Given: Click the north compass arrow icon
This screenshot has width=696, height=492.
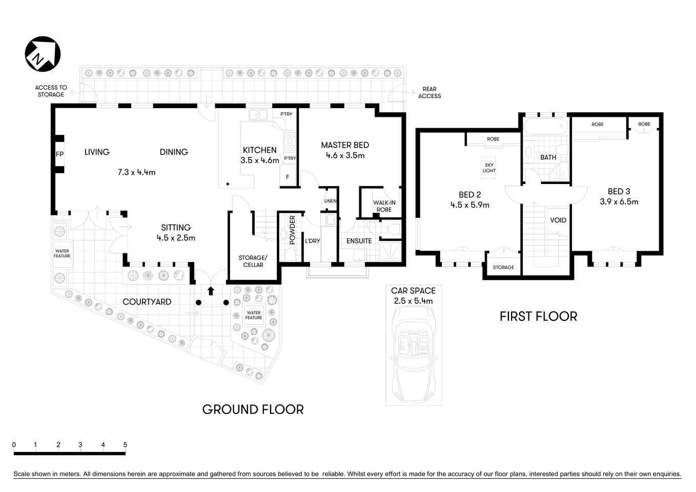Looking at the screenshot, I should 43,54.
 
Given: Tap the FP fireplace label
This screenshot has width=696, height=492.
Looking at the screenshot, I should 59,154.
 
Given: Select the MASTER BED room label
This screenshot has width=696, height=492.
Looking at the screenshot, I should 344,145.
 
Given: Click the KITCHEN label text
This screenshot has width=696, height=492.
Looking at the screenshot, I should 259,150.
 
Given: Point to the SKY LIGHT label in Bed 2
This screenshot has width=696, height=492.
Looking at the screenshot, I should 489,168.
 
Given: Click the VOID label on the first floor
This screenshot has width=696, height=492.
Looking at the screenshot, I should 558,220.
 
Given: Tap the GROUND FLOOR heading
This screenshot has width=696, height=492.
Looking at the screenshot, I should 253,409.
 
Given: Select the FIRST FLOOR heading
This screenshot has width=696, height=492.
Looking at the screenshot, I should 538,317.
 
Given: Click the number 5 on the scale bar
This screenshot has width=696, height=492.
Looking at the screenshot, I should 125,445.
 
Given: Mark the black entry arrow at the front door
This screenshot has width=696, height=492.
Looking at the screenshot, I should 210,291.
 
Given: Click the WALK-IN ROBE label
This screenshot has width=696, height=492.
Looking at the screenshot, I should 384,206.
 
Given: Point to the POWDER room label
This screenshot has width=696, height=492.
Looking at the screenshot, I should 292,230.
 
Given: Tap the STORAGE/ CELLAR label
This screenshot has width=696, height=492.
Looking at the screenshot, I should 253,261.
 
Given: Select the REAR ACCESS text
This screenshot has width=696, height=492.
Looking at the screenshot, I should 429,92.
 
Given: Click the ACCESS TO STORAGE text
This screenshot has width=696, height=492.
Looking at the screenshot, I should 51,91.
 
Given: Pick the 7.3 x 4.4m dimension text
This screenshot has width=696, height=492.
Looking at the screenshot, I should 136,172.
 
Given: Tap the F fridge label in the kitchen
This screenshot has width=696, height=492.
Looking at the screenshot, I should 288,177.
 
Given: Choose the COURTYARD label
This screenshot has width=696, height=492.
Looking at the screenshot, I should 147,302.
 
